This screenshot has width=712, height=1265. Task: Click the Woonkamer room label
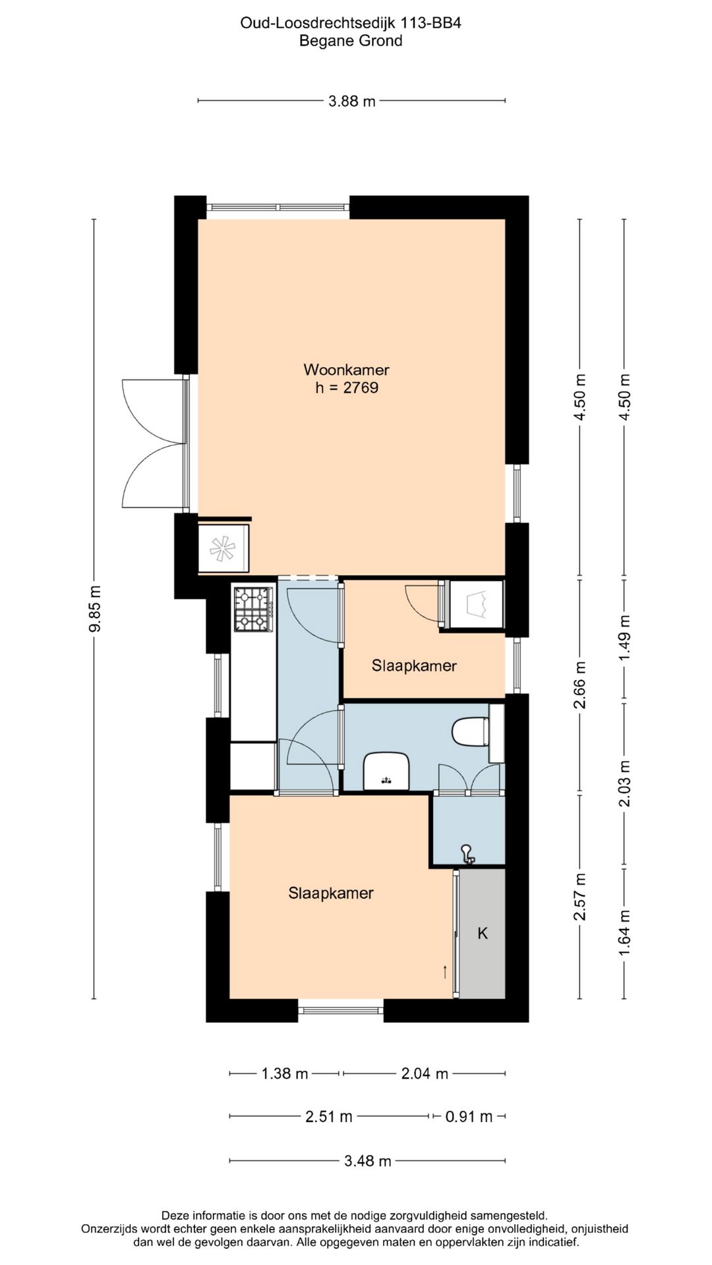(x=346, y=370)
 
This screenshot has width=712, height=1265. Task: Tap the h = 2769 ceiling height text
(x=347, y=387)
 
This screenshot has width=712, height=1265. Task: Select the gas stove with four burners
(x=254, y=609)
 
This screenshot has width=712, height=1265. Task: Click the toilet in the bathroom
(x=471, y=731)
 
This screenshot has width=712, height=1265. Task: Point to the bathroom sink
(x=386, y=771)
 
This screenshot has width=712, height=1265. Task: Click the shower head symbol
(x=467, y=853)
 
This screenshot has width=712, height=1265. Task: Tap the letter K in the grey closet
(x=483, y=933)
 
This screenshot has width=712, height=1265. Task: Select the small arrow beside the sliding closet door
(x=445, y=971)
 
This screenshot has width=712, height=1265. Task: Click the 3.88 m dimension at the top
(x=352, y=101)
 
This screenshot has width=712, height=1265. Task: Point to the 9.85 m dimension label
(x=95, y=609)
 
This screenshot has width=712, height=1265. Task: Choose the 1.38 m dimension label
(x=285, y=1073)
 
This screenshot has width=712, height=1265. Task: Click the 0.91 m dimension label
(x=469, y=1116)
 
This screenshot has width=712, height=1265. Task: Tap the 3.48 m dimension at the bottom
(x=368, y=1160)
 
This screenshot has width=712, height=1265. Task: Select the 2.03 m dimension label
(x=625, y=783)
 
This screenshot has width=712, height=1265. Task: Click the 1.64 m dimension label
(x=625, y=933)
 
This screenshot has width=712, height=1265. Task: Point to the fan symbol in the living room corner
(x=222, y=548)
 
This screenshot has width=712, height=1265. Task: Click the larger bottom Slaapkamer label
(x=331, y=893)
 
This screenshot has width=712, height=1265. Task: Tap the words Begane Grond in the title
(x=351, y=41)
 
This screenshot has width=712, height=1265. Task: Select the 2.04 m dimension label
(x=425, y=1073)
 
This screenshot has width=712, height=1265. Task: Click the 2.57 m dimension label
(x=579, y=897)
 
